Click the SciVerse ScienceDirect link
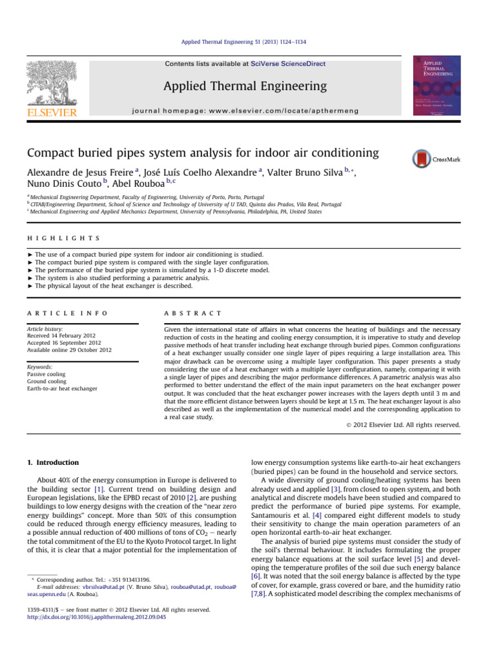289,64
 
